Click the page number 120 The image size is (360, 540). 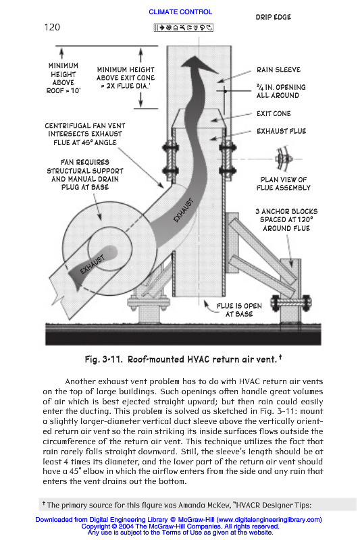[52, 27]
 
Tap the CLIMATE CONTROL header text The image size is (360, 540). [180, 12]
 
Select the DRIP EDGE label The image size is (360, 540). [273, 17]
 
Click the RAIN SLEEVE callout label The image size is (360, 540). [278, 70]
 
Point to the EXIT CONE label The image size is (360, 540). [274, 113]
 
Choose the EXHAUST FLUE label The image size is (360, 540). [281, 131]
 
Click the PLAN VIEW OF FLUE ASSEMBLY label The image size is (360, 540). [283, 184]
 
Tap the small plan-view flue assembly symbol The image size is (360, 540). [284, 159]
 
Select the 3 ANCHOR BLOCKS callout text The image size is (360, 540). [286, 220]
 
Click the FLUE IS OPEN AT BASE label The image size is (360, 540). [239, 310]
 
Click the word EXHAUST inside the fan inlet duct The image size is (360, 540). [92, 265]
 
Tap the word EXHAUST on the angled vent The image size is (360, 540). [184, 210]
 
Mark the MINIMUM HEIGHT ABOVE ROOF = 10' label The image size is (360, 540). [63, 78]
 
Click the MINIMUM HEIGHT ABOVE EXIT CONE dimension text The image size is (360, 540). [126, 78]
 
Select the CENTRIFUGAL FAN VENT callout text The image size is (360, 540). [84, 134]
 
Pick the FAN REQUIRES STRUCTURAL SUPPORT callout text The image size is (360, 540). [84, 175]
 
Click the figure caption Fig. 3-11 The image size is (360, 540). [183, 359]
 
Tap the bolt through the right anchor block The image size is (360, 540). [291, 303]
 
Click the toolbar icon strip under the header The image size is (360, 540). [183, 28]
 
